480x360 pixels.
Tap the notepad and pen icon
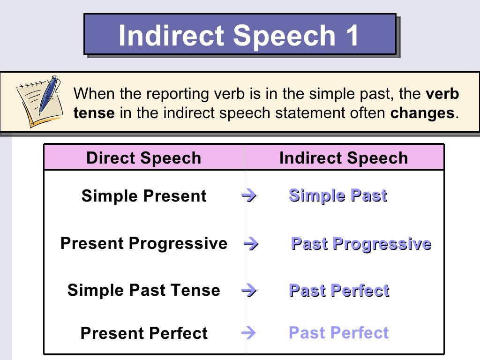point(40,101)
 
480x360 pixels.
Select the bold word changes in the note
point(422,113)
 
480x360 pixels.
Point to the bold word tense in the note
point(94,113)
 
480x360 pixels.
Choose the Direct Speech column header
point(143,158)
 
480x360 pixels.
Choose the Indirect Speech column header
point(344,158)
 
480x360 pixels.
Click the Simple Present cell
point(144,196)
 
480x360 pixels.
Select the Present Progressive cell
point(144,244)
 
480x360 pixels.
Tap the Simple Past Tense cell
point(144,290)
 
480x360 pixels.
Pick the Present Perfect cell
point(144,333)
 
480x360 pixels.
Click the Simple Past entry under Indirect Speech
point(338,195)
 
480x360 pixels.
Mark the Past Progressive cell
point(361,244)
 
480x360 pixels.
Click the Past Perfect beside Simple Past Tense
point(339,291)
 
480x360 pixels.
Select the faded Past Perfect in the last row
point(339,333)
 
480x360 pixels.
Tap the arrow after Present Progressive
point(251,244)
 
